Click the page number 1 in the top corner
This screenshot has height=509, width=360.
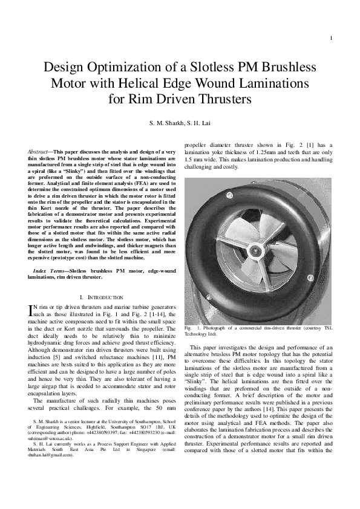(x=331, y=39)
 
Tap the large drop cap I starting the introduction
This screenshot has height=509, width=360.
(x=32, y=311)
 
